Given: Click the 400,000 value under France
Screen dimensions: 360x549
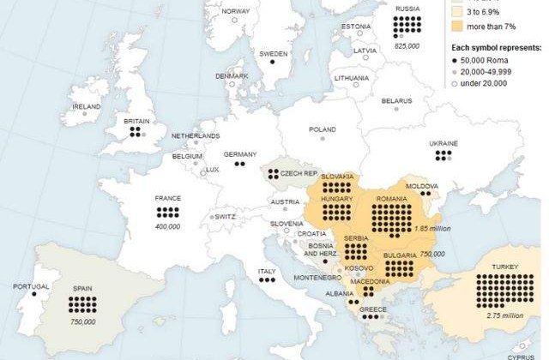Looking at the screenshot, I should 168,227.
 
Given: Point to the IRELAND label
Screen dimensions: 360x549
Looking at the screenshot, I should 87,106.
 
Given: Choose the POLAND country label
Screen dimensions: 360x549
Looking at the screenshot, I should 323,129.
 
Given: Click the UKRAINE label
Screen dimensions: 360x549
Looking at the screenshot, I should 443,143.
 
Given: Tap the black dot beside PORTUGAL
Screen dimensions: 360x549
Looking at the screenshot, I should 33,294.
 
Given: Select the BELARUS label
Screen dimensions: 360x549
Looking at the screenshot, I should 396,101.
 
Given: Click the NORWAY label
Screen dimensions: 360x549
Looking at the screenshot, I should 235,11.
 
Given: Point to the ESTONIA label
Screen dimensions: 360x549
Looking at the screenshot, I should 355,27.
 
